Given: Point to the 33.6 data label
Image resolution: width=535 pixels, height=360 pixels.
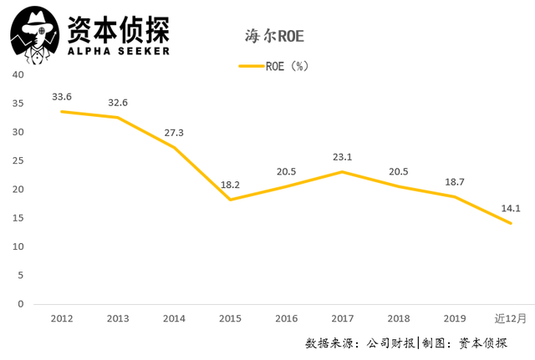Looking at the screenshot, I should tap(61, 96).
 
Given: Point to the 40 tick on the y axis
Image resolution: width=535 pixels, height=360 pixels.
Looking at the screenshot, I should tap(18, 75).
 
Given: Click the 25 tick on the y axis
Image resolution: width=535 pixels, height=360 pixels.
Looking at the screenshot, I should tap(18, 161).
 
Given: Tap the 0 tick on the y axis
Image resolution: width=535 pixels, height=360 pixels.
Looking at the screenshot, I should tap(21, 304).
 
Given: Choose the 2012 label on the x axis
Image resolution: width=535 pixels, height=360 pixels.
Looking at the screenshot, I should tap(61, 318).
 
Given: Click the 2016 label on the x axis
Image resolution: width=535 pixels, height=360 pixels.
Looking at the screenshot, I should tap(286, 318).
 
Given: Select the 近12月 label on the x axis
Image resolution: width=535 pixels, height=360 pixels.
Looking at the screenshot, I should tap(510, 318).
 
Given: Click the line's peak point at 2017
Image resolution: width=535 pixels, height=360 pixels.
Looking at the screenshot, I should tap(342, 172).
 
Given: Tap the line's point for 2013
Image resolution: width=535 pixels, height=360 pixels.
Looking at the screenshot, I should tap(117, 117).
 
